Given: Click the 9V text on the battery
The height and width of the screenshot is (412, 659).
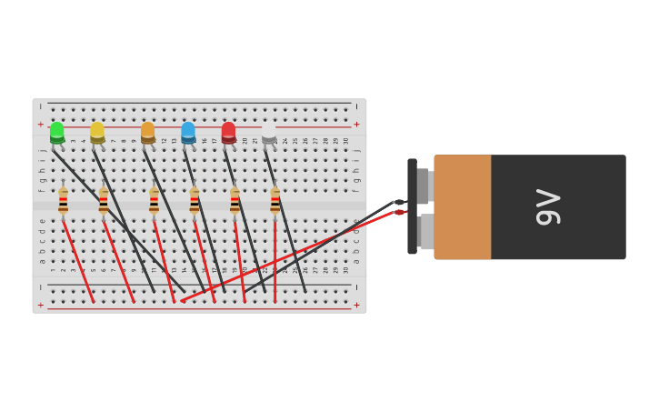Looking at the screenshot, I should pos(548,206).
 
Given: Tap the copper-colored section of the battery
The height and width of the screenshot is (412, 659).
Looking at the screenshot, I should pos(463,206).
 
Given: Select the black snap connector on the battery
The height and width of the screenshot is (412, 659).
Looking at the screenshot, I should pos(412,206).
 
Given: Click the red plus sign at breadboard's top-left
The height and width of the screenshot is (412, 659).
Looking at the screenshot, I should pos(40,125).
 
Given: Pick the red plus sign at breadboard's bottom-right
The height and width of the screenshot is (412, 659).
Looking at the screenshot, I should pos(356,306).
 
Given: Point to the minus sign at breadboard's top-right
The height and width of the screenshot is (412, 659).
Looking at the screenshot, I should pos(356,106).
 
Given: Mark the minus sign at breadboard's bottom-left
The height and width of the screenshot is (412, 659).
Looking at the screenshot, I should pos(40,287).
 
